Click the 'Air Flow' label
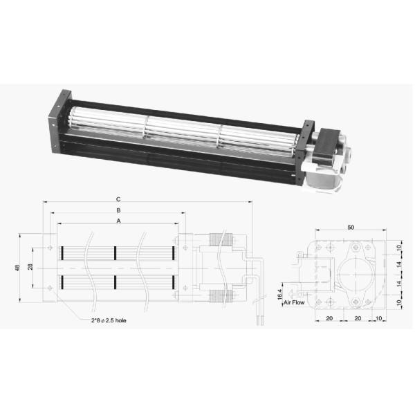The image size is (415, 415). [295, 302]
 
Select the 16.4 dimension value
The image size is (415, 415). [280, 293]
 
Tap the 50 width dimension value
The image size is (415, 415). [351, 227]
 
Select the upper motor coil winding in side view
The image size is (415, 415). [221, 241]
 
